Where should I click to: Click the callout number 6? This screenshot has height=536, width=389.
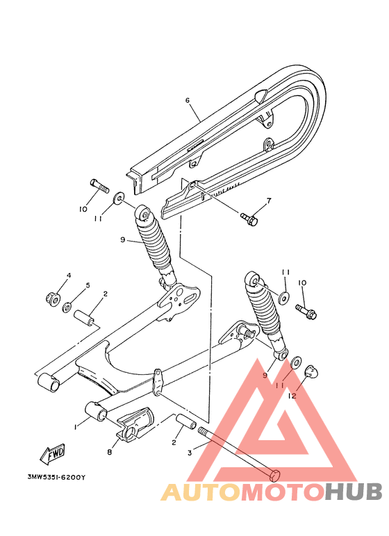click(188, 100)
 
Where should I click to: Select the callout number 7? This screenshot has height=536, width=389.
click(269, 201)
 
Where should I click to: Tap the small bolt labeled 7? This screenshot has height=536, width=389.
click(249, 219)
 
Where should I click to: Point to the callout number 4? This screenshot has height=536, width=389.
click(69, 276)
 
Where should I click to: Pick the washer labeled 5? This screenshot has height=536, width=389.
click(67, 307)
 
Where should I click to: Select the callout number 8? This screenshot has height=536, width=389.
click(109, 452)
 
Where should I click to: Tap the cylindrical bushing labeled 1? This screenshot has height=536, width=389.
click(95, 410)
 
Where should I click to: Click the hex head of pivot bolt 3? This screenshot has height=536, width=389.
click(274, 477)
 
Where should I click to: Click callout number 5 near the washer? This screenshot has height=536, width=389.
click(88, 285)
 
